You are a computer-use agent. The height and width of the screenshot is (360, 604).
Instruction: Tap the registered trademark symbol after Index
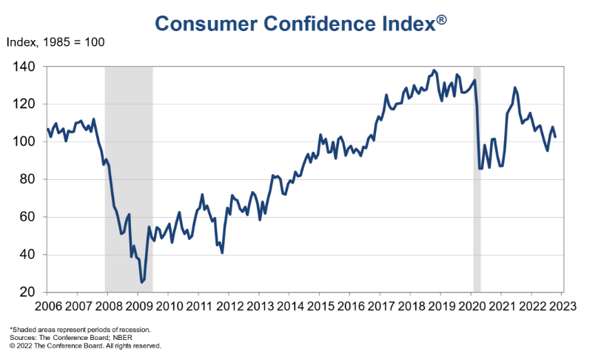pos(441,19)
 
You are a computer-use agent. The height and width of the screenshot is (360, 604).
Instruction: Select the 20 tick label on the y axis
pos(27,293)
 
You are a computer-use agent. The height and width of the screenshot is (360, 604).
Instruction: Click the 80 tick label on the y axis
pos(27,179)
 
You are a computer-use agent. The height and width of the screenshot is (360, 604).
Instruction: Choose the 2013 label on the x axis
pos(260,305)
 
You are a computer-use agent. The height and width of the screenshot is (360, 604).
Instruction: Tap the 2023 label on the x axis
pos(563,305)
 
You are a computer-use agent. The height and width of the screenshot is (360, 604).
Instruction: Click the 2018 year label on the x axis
pos(412,305)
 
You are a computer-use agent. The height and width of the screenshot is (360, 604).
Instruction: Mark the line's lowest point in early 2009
pos(141,282)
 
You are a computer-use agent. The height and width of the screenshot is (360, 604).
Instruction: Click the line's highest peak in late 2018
pos(434,70)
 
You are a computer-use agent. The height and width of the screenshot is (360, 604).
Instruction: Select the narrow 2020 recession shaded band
pos(477,178)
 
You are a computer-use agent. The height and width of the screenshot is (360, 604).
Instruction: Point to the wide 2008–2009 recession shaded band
pos(129,178)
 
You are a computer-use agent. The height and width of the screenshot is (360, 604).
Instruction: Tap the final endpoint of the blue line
pos(555,136)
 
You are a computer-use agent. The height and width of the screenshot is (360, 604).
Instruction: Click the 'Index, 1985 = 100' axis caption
pos(56,41)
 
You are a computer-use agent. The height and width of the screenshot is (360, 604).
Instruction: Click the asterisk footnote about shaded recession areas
pos(80,329)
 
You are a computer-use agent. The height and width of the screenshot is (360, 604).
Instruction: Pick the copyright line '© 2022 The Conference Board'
pos(85,345)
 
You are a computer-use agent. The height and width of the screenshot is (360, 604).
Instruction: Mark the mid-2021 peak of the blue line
pos(515,87)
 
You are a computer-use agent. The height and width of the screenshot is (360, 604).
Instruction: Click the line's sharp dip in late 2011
pos(222,253)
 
